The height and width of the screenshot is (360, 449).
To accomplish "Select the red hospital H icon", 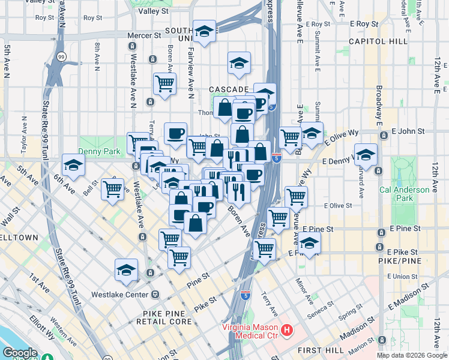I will click(287, 331).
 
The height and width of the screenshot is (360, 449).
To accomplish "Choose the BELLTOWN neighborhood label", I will click(18, 238).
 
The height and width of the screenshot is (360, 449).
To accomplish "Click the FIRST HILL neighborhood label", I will click(323, 350).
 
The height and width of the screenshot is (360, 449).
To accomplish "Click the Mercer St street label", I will click(144, 36).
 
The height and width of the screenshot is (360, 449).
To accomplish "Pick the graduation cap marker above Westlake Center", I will click(127, 270).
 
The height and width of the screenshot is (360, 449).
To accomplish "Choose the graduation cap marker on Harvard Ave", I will click(365, 155).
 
